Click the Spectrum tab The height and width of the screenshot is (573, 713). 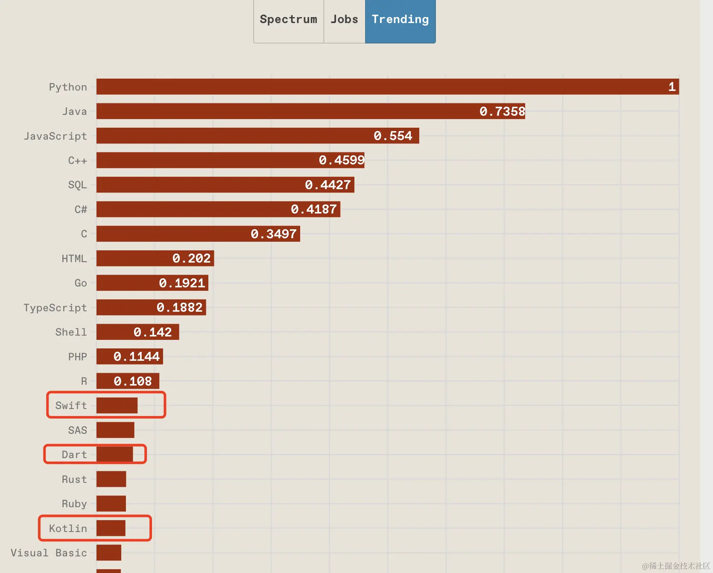[x=288, y=20]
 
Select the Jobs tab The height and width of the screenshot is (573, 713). [x=344, y=20]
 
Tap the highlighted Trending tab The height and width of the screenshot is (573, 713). [x=400, y=20]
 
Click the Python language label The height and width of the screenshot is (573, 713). [x=68, y=87]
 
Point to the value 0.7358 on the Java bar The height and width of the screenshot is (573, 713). [x=502, y=111]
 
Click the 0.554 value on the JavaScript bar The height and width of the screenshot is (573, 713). [x=393, y=136]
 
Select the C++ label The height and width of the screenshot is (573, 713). [x=77, y=161]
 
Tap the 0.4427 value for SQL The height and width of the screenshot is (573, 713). [x=328, y=185]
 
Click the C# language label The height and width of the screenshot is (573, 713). [x=81, y=210]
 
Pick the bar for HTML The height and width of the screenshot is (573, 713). [x=155, y=258]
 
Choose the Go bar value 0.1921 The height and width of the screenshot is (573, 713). [x=182, y=283]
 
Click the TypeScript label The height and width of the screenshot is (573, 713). [x=55, y=308]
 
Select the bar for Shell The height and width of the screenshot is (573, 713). [x=137, y=332]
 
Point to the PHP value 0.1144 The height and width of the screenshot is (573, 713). [x=137, y=357]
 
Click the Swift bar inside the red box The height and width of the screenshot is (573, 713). [x=117, y=406]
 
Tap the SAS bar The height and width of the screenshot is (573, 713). [x=115, y=430]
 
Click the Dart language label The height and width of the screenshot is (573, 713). [x=74, y=455]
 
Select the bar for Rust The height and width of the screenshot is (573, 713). [x=111, y=479]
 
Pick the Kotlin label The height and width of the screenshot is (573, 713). [x=68, y=529]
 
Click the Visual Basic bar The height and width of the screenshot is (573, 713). [x=109, y=553]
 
